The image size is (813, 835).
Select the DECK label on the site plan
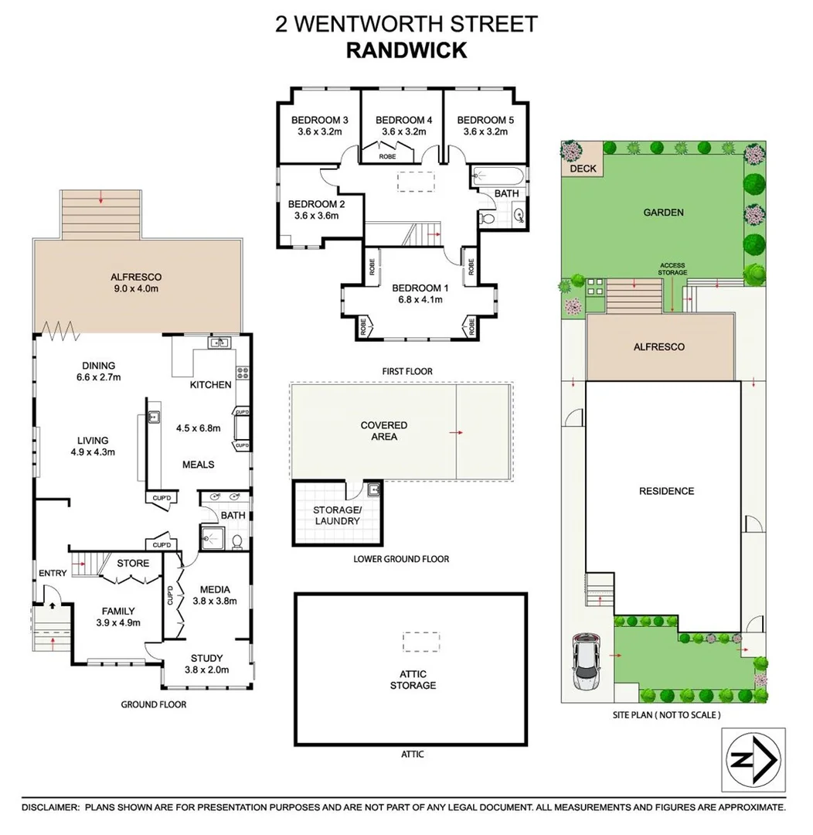583,169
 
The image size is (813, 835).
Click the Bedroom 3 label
319,120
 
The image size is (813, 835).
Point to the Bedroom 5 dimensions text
485,132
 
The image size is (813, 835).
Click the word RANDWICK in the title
406,51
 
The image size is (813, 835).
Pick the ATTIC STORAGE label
412,680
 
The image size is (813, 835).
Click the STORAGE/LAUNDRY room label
336,515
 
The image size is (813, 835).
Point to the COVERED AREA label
383,431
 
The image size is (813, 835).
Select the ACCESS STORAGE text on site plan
672,269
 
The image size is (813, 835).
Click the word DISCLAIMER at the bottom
50,807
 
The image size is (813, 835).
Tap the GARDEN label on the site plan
664,213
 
